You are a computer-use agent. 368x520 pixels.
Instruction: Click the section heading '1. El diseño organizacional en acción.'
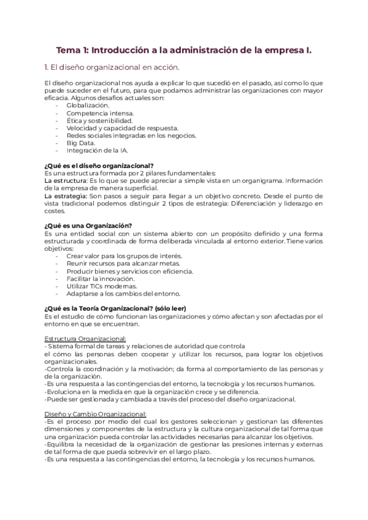pyautogui.click(x=112, y=67)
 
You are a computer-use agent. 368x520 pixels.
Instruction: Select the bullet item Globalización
pyautogui.click(x=88, y=105)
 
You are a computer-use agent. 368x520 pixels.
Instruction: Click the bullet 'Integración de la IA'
pyautogui.click(x=98, y=150)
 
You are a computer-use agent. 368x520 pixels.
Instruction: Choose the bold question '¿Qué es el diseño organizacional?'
pyautogui.click(x=99, y=165)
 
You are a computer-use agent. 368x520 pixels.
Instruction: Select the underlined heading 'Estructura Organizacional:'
pyautogui.click(x=85, y=338)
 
